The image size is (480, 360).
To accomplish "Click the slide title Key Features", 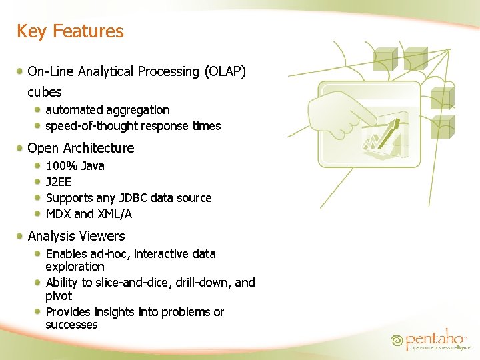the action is click(x=70, y=31).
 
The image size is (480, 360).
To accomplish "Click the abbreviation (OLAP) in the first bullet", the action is click(x=225, y=71).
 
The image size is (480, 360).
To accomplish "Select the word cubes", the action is click(x=45, y=93).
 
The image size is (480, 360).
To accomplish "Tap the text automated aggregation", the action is click(x=107, y=110).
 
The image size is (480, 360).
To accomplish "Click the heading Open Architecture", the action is click(x=81, y=148).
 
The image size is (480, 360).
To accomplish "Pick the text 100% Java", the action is click(x=75, y=166).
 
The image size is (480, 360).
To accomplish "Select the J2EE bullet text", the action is click(x=59, y=182).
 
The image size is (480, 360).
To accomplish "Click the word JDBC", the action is click(x=131, y=198).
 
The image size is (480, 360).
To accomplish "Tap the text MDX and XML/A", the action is click(x=89, y=214).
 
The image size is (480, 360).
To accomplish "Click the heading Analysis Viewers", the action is click(x=76, y=236).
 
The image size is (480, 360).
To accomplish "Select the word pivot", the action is click(x=59, y=296).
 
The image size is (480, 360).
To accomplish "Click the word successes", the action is click(x=71, y=325).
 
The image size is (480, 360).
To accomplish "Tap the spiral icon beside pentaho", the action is click(x=398, y=341).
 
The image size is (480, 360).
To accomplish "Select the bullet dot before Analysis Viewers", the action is click(x=22, y=235).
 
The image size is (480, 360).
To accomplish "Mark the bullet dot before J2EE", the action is click(x=39, y=181).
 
